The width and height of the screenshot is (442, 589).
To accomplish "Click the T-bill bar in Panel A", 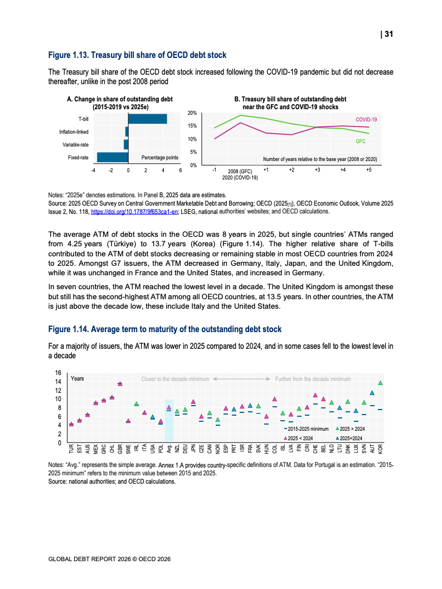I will click(148, 119).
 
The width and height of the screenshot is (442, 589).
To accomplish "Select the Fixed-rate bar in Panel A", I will click(113, 158).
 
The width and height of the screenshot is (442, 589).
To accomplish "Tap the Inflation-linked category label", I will click(74, 132).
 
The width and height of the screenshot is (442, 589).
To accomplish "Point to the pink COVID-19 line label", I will click(366, 120).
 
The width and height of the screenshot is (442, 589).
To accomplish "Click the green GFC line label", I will click(361, 142).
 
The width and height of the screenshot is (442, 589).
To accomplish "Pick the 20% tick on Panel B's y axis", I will click(192, 113).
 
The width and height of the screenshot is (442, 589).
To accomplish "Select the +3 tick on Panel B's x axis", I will click(317, 169).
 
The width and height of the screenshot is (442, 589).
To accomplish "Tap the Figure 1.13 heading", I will click(137, 55).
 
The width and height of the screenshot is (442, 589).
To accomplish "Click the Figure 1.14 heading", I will click(164, 329).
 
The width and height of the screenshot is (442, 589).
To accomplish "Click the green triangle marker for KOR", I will click(381, 383).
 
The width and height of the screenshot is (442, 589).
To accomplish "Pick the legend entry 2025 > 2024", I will click(351, 430).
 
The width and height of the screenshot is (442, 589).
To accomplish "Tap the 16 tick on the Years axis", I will click(58, 373).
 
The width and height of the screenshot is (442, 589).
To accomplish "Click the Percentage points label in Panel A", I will click(160, 158).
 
